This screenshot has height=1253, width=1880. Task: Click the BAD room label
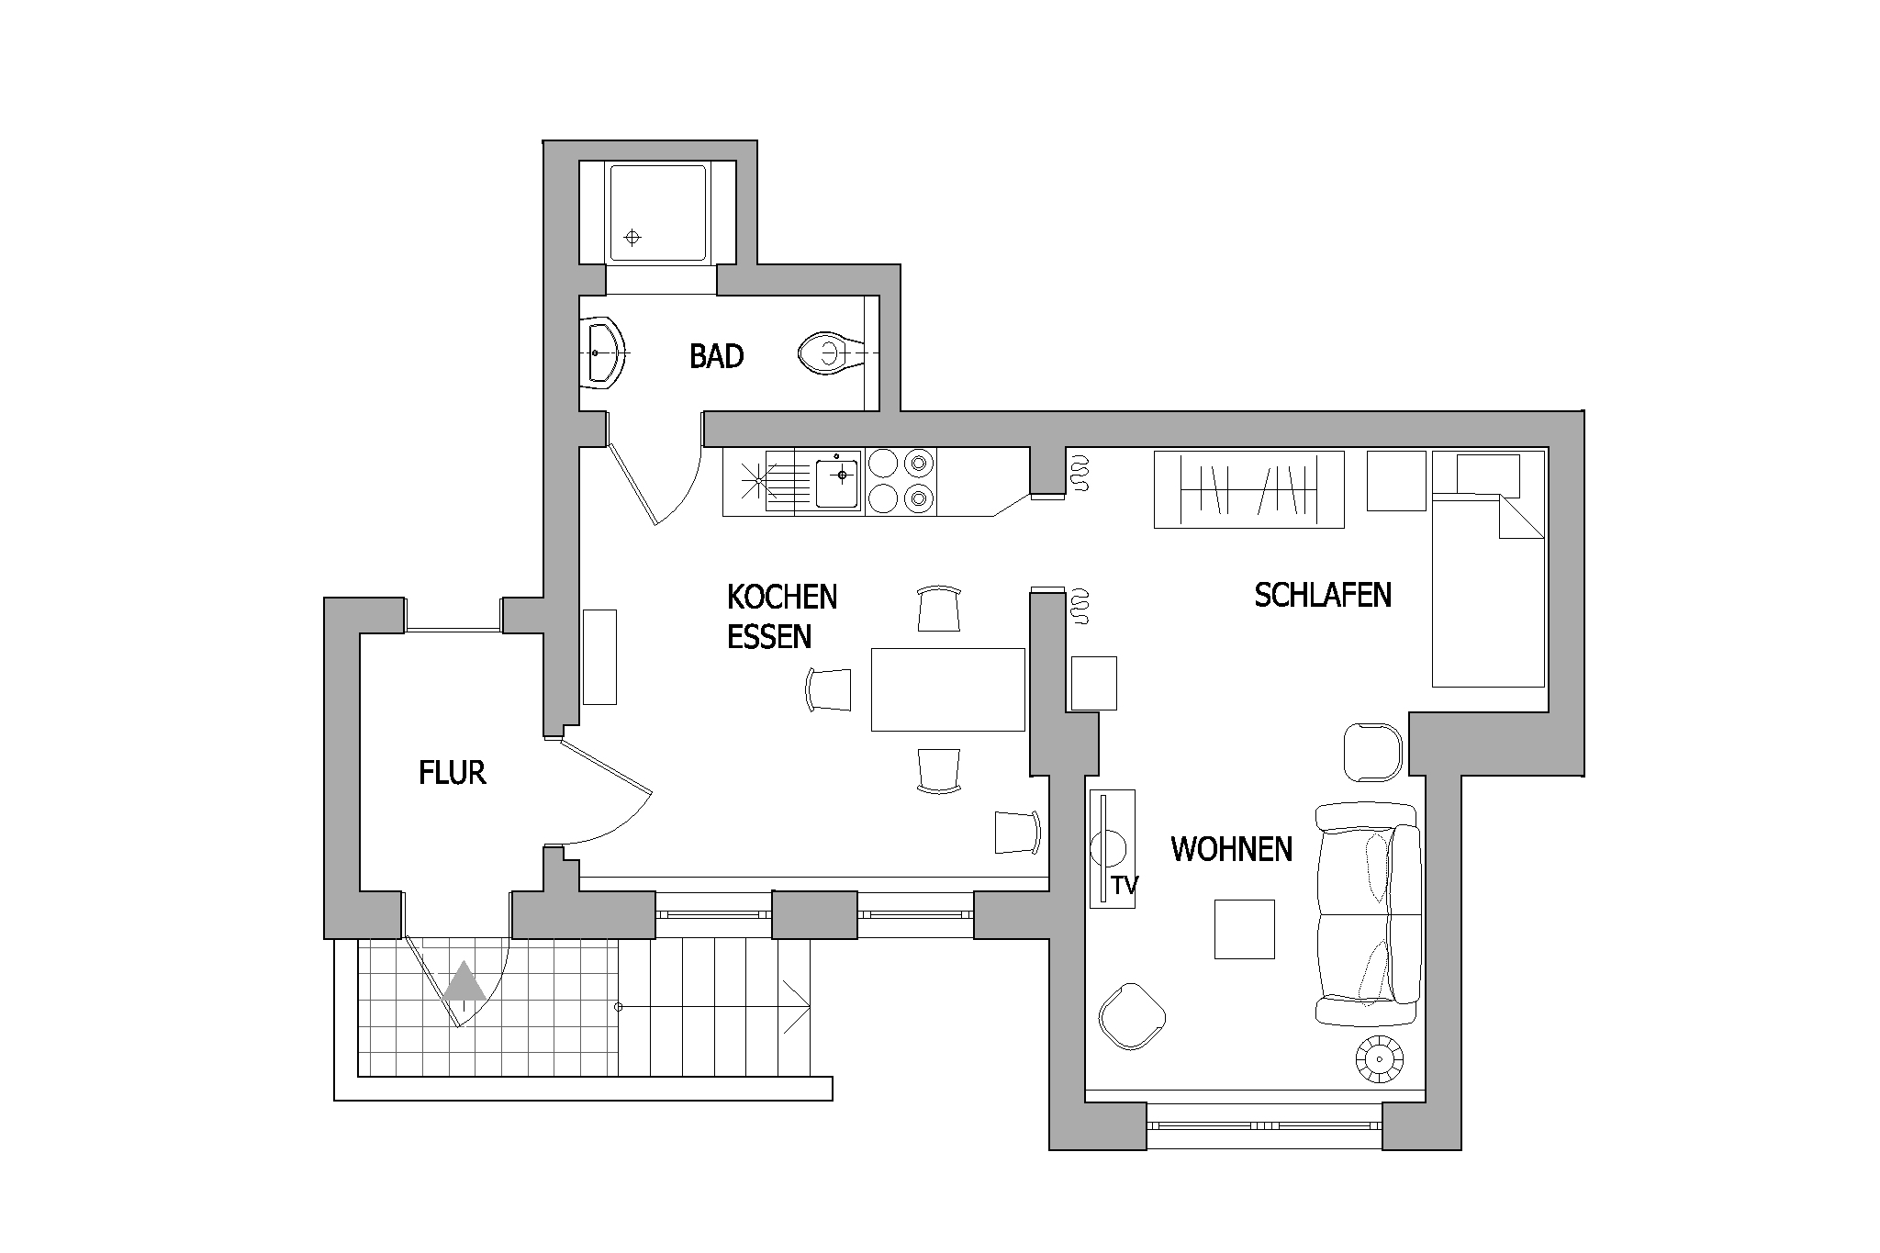pyautogui.click(x=716, y=356)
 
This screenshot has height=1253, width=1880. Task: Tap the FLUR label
pyautogui.click(x=452, y=773)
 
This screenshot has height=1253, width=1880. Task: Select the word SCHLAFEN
pyautogui.click(x=1323, y=595)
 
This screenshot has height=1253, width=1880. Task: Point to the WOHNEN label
pyautogui.click(x=1231, y=849)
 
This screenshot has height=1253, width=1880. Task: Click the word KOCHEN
pyautogui.click(x=782, y=597)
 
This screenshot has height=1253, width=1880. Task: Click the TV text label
pyautogui.click(x=1125, y=886)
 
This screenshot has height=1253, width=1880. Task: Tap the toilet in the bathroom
pyautogui.click(x=830, y=353)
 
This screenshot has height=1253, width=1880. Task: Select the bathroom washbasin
pyautogui.click(x=604, y=353)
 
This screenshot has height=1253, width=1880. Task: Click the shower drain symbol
pyautogui.click(x=632, y=238)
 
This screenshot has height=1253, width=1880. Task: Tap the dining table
pyautogui.click(x=947, y=689)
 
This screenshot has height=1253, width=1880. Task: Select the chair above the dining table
pyautogui.click(x=939, y=609)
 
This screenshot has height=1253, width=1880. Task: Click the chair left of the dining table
pyautogui.click(x=829, y=689)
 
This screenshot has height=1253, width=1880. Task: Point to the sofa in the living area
pyautogui.click(x=1368, y=914)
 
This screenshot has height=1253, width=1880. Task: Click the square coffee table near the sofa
pyautogui.click(x=1245, y=929)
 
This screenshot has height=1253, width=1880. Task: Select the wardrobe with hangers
pyautogui.click(x=1248, y=490)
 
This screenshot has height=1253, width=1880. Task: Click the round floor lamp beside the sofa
pyautogui.click(x=1380, y=1059)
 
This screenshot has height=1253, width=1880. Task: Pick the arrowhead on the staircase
pyautogui.click(x=798, y=1007)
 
